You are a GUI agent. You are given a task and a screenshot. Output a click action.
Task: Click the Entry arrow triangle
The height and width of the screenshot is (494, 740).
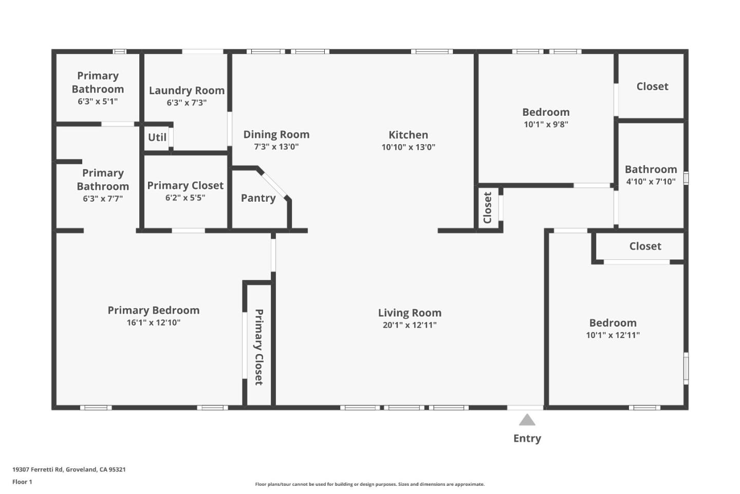click(x=527, y=420)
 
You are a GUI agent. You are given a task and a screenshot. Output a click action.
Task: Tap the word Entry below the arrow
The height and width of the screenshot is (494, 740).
click(x=527, y=438)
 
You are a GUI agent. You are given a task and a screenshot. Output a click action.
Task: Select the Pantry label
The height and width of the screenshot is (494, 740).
click(x=258, y=198)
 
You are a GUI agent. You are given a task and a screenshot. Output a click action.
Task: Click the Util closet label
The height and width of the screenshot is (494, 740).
click(x=157, y=137)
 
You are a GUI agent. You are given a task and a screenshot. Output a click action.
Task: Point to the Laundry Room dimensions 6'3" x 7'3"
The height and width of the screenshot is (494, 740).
click(x=187, y=103)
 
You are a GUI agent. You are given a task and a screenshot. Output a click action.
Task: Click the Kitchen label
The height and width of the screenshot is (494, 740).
click(x=408, y=135)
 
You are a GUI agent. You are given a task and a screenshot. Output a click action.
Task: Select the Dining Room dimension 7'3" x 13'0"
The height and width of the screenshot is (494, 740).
click(x=276, y=147)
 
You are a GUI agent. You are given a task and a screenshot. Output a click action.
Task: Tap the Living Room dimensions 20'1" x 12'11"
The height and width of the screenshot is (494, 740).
click(x=409, y=325)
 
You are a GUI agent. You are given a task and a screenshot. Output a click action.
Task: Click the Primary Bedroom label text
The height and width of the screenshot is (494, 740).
click(x=153, y=310)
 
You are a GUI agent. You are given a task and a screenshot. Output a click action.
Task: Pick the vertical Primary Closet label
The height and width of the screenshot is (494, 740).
click(x=259, y=347)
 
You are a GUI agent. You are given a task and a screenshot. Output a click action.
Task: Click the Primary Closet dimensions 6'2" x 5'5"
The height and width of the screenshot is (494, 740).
click(x=185, y=198)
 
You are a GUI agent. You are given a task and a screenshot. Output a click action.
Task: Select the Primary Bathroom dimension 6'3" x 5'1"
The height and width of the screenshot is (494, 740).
click(x=98, y=101)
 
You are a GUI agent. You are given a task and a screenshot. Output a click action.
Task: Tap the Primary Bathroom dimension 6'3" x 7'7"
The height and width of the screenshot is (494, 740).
click(x=103, y=199)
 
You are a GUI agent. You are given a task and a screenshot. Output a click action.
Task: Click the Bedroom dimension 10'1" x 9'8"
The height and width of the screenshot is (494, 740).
click(x=546, y=125)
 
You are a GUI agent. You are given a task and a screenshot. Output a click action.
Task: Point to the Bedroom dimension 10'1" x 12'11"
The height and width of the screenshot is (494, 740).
click(x=613, y=335)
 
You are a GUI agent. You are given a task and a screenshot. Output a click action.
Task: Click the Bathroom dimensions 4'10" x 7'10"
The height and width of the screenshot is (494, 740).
click(x=651, y=182)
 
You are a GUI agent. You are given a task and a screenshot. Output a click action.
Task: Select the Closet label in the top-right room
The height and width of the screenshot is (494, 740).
click(x=652, y=86)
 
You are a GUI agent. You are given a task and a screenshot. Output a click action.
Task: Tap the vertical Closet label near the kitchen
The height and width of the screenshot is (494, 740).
click(x=488, y=208)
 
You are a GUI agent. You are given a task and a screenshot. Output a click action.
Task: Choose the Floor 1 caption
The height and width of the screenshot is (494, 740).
click(x=22, y=482)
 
